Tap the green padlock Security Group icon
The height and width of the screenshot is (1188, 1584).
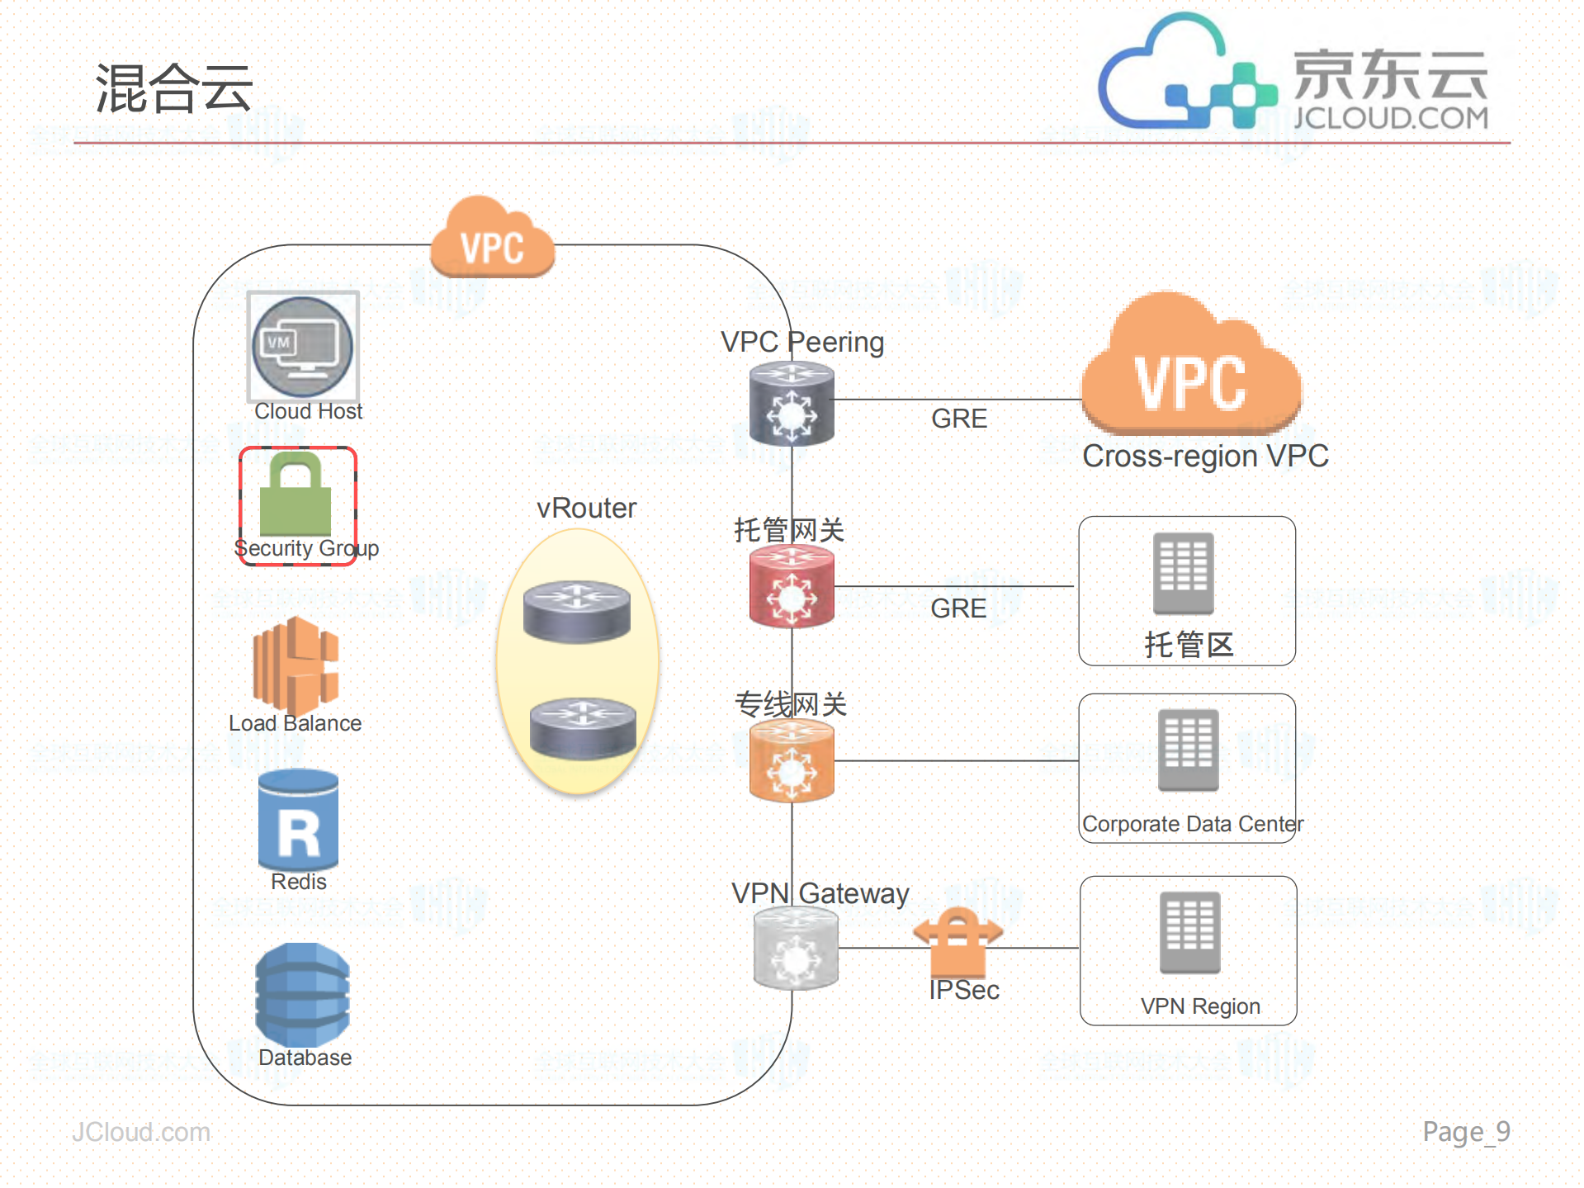coord(296,495)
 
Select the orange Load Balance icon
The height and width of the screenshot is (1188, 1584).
coord(296,665)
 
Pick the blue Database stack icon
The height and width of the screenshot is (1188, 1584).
coord(302,995)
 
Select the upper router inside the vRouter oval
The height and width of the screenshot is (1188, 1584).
coord(577,611)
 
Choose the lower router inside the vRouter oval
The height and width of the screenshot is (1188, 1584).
coord(582,727)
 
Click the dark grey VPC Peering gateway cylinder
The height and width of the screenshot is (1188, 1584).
coord(792,405)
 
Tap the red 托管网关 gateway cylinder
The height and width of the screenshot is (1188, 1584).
coord(792,588)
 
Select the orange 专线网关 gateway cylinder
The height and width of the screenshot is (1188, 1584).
coord(792,761)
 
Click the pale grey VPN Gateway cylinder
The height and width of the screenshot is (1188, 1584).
coord(796,948)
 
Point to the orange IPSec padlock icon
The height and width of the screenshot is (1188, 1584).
coord(957,941)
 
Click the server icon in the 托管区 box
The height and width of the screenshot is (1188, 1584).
coord(1183,573)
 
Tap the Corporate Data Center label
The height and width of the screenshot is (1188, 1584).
coord(1192,824)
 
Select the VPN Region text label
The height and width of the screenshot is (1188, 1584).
coord(1199,1006)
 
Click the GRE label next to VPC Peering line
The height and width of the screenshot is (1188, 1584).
coord(958,419)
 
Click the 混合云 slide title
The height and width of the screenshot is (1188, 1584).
coord(174,88)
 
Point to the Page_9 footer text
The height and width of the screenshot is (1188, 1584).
coord(1465,1131)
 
